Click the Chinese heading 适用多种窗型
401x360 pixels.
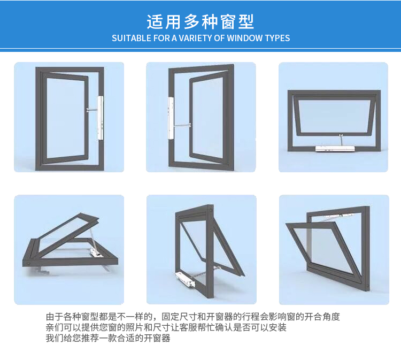200,22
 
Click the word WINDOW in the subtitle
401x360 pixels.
245,38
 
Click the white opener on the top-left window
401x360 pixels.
101,118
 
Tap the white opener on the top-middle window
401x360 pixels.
171,118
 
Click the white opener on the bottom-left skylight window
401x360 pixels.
96,254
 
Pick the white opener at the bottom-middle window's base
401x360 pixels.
185,279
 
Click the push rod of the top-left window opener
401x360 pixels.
92,110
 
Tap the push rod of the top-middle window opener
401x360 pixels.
182,125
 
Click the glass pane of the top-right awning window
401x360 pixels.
335,116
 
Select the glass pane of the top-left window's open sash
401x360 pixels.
66,118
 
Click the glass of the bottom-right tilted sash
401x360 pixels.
325,249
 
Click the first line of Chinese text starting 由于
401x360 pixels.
193,317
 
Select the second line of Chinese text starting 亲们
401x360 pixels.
166,327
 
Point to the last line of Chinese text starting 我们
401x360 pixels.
108,338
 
